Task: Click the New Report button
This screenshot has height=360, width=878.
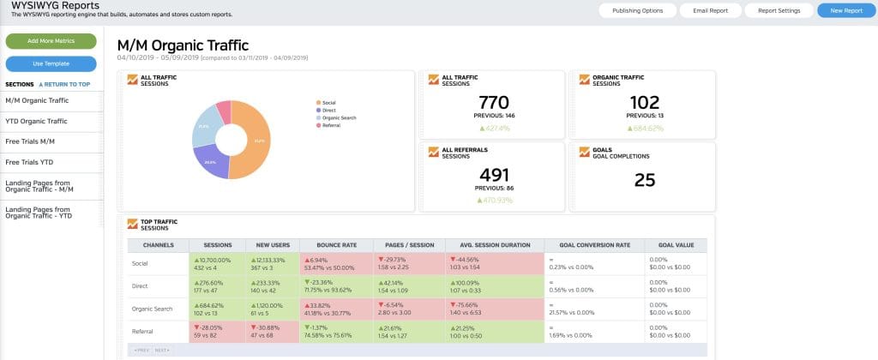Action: [x=840, y=11]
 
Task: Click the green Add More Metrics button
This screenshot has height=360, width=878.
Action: [x=51, y=41]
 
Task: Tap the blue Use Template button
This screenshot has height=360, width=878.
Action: [x=51, y=63]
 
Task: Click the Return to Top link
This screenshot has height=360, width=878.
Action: [x=64, y=85]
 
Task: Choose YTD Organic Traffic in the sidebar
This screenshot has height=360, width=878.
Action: [x=36, y=122]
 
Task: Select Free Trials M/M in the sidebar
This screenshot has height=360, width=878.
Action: [x=30, y=140]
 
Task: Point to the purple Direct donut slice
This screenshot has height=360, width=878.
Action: [x=212, y=160]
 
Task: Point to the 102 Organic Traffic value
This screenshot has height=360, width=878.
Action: [x=644, y=102]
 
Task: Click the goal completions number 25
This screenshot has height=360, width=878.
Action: [x=644, y=180]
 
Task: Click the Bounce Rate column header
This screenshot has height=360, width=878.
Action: [x=336, y=244]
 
